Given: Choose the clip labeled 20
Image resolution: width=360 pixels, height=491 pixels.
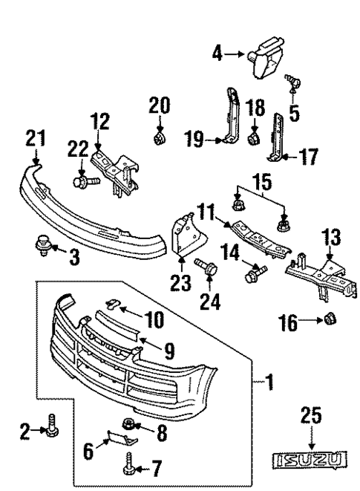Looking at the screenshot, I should pos(157,137).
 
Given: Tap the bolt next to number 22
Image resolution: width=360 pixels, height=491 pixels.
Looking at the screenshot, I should pos(79,179).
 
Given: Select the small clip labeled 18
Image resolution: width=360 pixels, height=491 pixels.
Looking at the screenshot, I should pos(253,138).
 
